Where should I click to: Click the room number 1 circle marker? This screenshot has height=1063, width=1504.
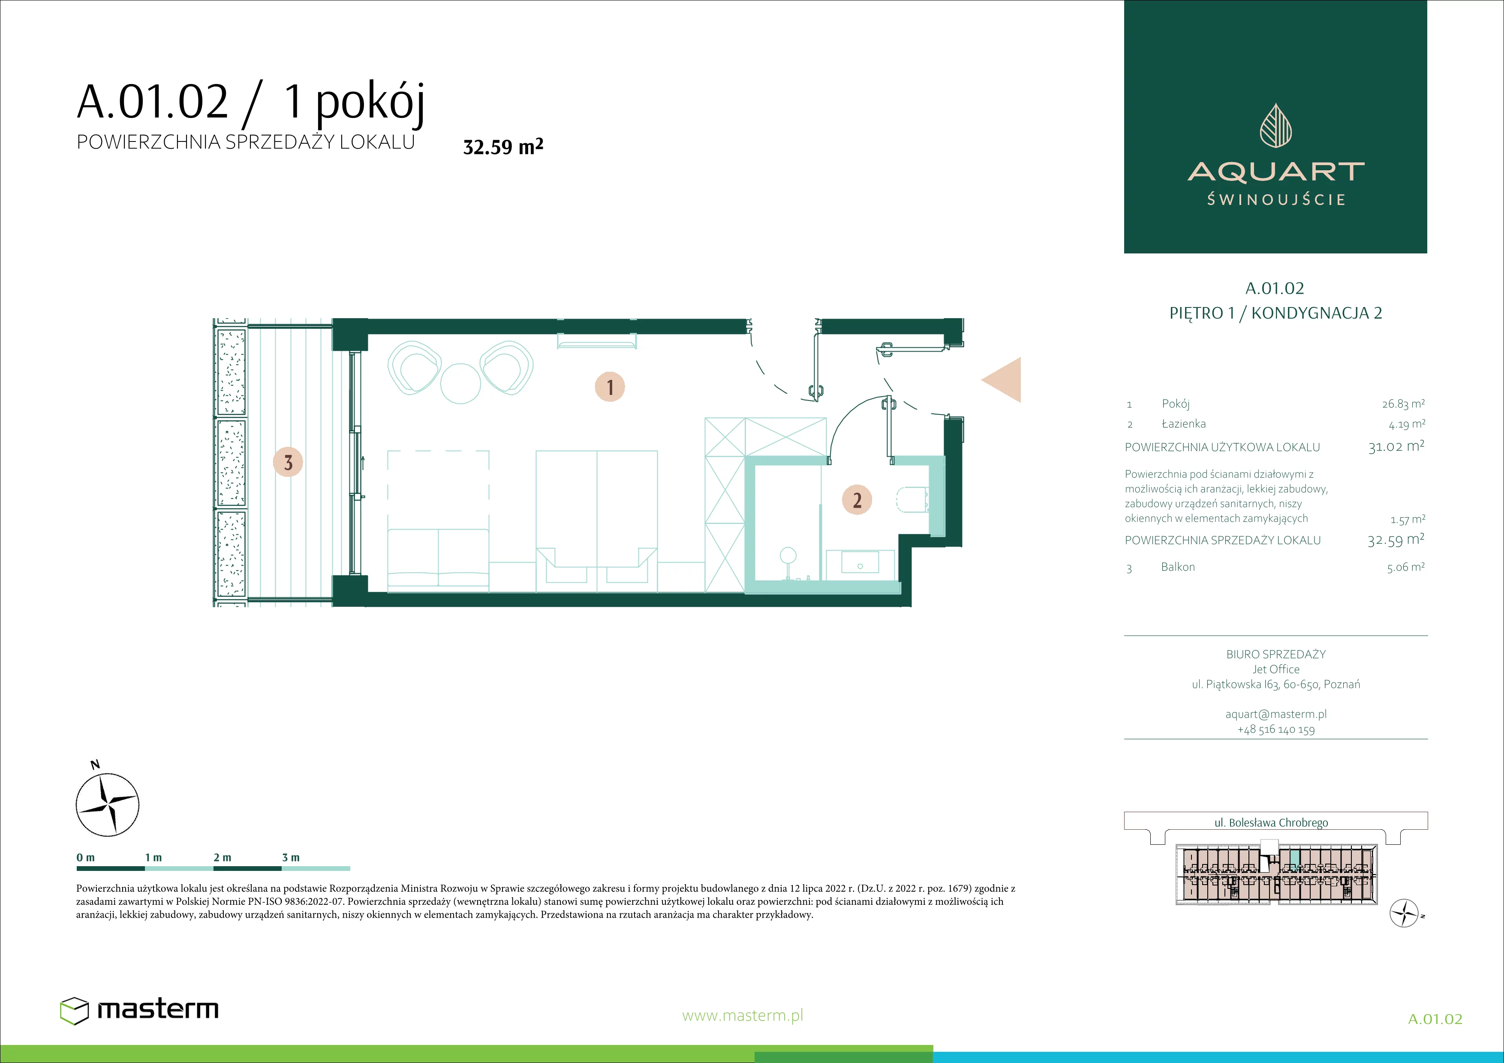(x=610, y=386)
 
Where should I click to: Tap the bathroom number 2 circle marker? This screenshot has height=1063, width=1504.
(x=857, y=500)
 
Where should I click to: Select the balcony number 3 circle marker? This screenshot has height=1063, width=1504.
(x=288, y=462)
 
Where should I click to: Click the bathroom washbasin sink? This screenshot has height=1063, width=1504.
(x=860, y=563)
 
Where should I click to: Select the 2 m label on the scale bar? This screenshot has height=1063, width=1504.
(x=222, y=857)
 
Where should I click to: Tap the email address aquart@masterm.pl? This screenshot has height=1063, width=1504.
(x=1276, y=714)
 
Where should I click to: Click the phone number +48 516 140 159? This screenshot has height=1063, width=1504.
(x=1276, y=730)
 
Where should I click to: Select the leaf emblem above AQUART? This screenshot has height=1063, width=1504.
(x=1275, y=125)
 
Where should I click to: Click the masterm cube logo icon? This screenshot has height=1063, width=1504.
(x=74, y=1011)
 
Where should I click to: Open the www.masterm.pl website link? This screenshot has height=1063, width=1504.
(x=742, y=1016)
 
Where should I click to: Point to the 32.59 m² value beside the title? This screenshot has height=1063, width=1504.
(x=503, y=146)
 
